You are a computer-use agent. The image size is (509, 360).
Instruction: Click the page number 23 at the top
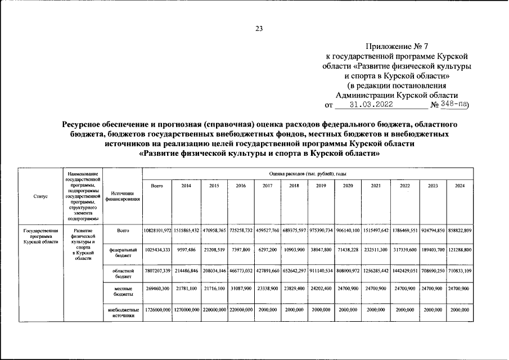259,29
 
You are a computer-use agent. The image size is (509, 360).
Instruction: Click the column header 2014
186,186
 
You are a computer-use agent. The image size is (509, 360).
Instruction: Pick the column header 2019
321,186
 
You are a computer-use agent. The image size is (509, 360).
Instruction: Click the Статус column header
40,196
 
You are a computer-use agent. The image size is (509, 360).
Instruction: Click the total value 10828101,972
157,231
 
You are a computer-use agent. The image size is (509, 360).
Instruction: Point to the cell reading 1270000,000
186,310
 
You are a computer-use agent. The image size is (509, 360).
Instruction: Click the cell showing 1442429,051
405,270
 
